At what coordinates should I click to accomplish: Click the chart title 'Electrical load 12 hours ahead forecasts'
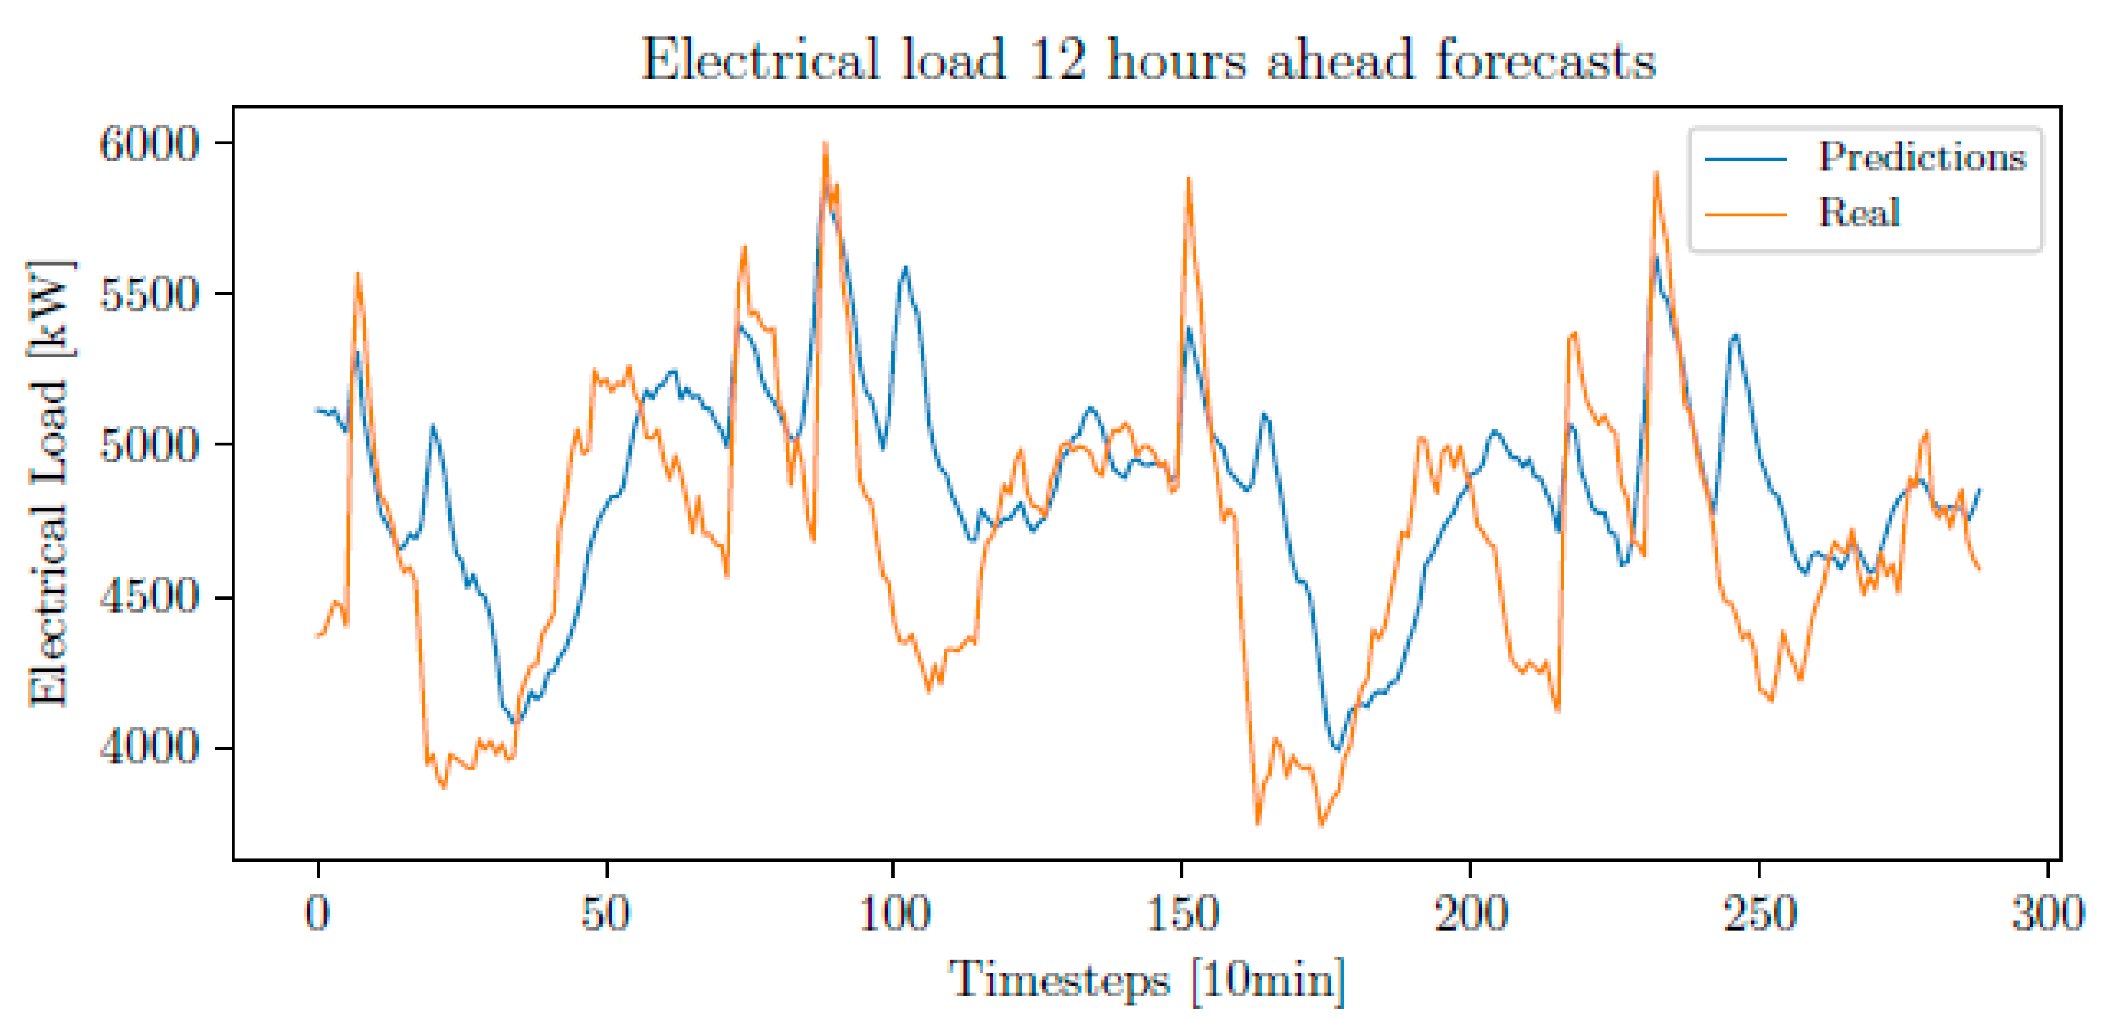[x=1147, y=59]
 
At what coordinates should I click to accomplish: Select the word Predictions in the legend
[x=1922, y=157]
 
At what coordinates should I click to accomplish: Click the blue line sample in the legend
[x=1745, y=159]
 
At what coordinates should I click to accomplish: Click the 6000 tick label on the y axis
[x=149, y=144]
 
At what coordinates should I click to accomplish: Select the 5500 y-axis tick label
[x=149, y=295]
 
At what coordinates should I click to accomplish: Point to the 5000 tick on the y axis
[x=149, y=445]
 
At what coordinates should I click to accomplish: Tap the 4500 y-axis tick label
[x=149, y=597]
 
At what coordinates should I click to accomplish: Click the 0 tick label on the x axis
[x=317, y=913]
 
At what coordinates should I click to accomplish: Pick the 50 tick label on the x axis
[x=605, y=913]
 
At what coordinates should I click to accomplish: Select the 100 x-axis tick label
[x=895, y=913]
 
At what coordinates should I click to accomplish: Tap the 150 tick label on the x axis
[x=1183, y=913]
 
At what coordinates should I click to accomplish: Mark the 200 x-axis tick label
[x=1471, y=913]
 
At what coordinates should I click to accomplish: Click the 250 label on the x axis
[x=1759, y=913]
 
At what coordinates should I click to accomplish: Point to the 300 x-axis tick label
[x=2047, y=913]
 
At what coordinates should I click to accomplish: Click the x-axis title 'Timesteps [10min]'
[x=1146, y=978]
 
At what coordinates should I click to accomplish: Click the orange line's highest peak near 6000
[x=825, y=145]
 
